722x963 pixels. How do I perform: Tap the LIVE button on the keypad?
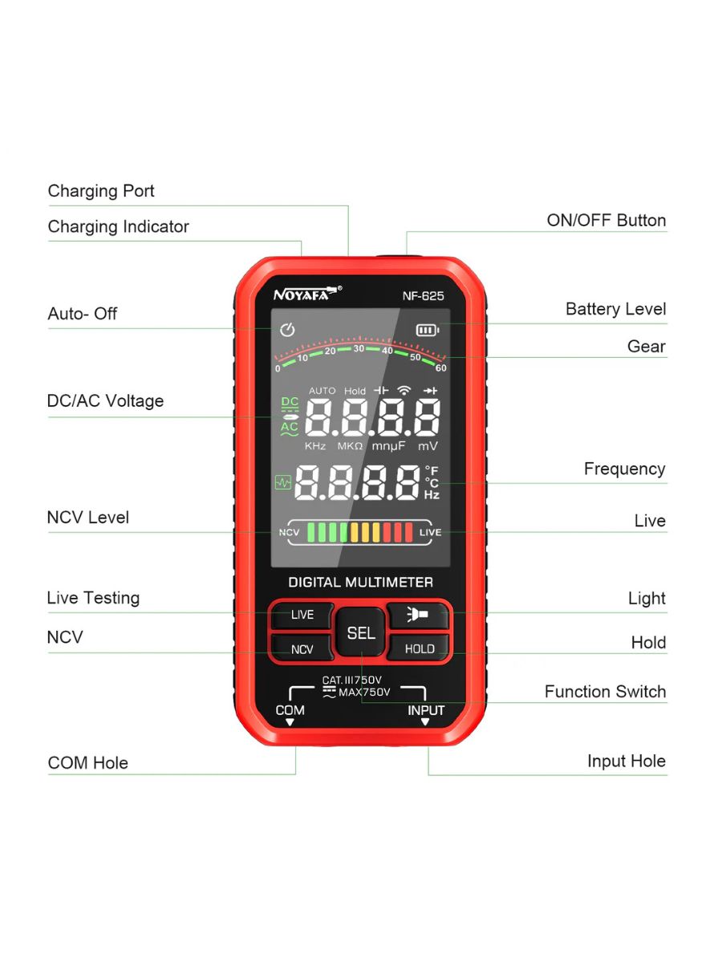click(302, 615)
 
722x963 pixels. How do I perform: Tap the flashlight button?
click(418, 614)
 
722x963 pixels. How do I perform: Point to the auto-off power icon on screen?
click(287, 330)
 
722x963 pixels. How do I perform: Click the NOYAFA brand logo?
click(307, 294)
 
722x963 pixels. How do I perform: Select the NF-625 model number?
click(423, 296)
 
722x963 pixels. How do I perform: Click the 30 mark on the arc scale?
click(359, 348)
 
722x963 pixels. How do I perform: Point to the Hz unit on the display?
click(432, 495)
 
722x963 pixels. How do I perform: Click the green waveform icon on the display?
click(282, 482)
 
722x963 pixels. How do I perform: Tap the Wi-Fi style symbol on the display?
click(404, 390)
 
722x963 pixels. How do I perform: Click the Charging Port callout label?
click(101, 191)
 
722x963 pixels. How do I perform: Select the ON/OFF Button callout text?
click(606, 220)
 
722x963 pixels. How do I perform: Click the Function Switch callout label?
click(606, 692)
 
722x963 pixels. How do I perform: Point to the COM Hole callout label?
click(87, 763)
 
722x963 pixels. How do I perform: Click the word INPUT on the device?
click(426, 710)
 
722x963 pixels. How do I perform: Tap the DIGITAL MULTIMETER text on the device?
click(360, 582)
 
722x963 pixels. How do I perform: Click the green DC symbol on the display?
click(290, 402)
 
